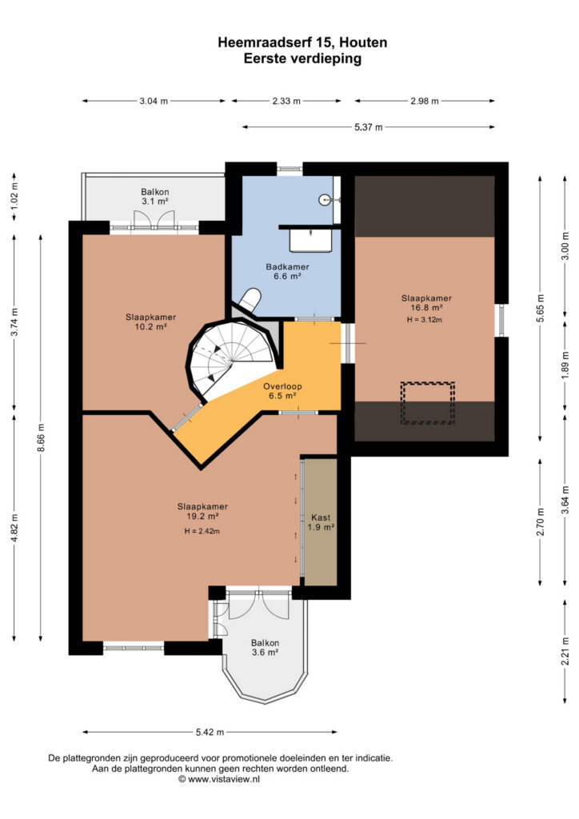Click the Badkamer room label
click(x=287, y=271)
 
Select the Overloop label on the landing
click(x=282, y=390)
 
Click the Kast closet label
click(x=321, y=522)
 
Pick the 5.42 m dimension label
click(x=210, y=732)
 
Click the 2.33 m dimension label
click(x=286, y=101)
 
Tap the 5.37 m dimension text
click(x=369, y=127)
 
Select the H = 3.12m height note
click(x=425, y=320)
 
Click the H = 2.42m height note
click(x=202, y=531)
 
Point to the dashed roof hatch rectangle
click(x=428, y=403)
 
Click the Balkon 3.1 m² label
click(x=155, y=197)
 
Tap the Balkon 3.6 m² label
click(x=266, y=648)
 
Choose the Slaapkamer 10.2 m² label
click(x=150, y=322)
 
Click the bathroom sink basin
click(x=310, y=241)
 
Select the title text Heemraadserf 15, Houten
click(x=303, y=42)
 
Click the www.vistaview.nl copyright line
click(x=219, y=779)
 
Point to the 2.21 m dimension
click(x=565, y=651)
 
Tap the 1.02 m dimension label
click(x=14, y=192)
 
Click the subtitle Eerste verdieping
click(x=303, y=58)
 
